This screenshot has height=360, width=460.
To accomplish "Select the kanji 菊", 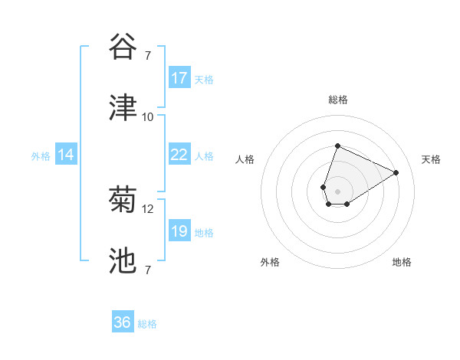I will (123, 201).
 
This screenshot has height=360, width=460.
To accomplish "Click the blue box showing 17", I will (179, 78).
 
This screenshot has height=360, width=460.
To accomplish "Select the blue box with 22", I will (179, 155).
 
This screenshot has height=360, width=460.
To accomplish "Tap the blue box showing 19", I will (179, 231).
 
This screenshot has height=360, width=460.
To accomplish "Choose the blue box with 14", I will (66, 155).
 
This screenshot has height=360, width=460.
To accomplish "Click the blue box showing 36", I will (123, 322).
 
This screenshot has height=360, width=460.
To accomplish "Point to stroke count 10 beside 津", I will (147, 117).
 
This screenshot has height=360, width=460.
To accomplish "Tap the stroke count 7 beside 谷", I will (147, 55).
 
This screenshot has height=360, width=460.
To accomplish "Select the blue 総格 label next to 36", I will (147, 324).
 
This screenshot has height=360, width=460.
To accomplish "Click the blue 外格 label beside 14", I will (41, 155).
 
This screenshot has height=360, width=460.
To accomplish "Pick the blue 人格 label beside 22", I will (204, 155).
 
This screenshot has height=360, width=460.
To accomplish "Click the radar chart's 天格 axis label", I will (431, 159).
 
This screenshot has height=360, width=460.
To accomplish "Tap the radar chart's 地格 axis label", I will (402, 262).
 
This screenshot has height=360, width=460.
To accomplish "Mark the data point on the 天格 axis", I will (396, 172).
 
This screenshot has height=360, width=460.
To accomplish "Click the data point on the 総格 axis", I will (337, 146).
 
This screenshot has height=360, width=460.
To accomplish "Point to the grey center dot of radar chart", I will (337, 191).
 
